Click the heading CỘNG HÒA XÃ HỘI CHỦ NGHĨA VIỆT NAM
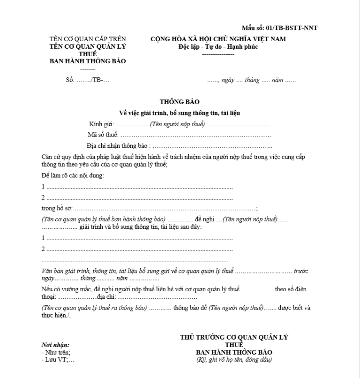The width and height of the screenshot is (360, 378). click(x=218, y=39)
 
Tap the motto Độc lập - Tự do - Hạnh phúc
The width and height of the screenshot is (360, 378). click(x=218, y=46)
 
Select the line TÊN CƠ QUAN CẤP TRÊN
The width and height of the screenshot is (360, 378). click(x=88, y=39)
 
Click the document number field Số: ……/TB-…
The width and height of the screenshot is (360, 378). click(x=88, y=80)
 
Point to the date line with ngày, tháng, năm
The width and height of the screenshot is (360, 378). click(x=252, y=80)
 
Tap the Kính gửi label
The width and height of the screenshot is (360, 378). click(x=101, y=125)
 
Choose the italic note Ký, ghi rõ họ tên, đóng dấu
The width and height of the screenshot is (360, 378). click(x=234, y=360)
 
